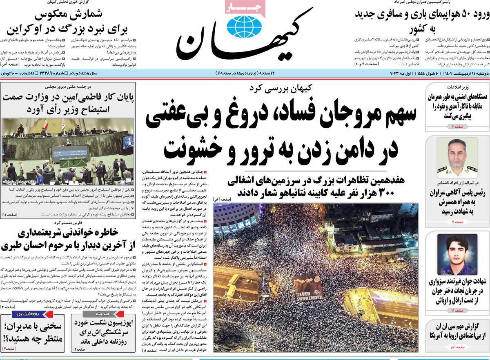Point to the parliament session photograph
tap(68, 151)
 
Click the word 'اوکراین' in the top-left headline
tap(27, 30)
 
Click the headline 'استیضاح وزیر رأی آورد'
tap(67, 110)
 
